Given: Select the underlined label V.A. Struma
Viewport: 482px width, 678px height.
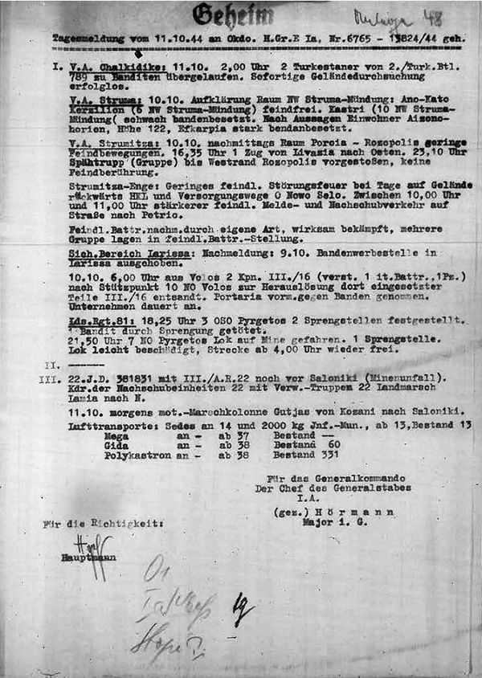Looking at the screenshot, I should [94, 95].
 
